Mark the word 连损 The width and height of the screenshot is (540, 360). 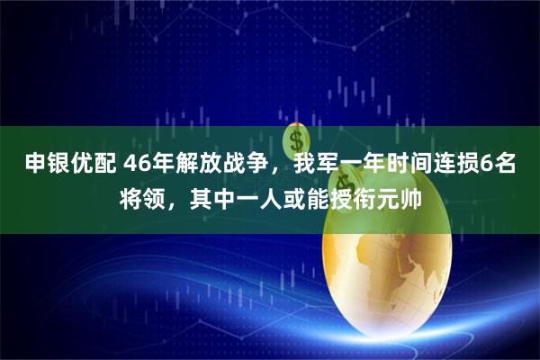point(456,165)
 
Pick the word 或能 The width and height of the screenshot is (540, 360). point(307,195)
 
